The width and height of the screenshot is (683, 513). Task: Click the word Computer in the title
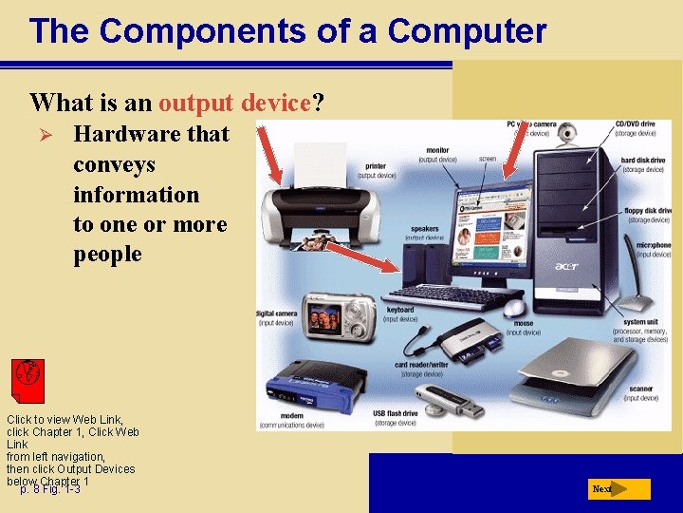point(467,31)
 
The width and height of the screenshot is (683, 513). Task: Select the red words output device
point(235,102)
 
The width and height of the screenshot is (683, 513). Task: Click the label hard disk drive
point(642,161)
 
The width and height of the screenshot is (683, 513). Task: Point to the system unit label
point(642,323)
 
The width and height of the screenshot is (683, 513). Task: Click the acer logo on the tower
point(566,266)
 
